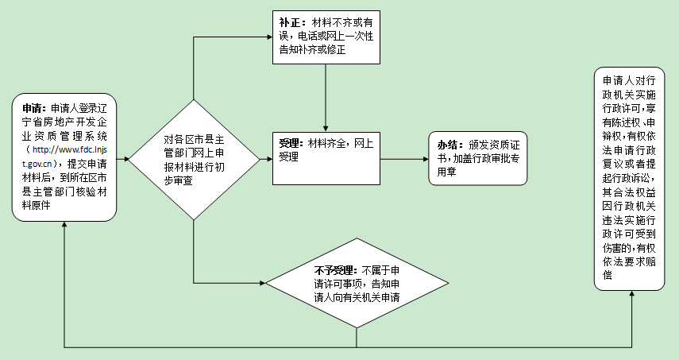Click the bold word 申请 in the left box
tap(33, 109)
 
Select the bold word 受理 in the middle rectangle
tap(289, 143)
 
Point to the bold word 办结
tap(449, 145)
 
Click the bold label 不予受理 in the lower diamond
tap(335, 269)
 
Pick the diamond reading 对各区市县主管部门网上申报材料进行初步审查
tap(193, 160)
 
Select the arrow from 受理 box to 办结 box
tap(405, 159)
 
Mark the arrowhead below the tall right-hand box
tap(632, 292)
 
